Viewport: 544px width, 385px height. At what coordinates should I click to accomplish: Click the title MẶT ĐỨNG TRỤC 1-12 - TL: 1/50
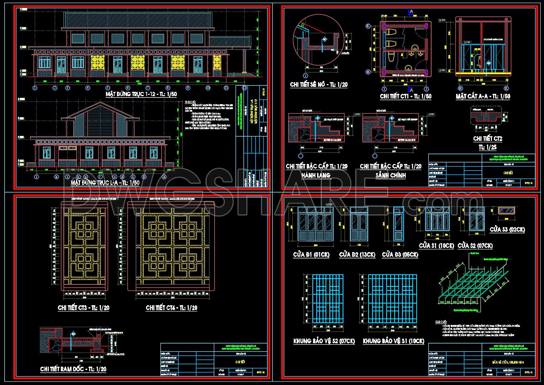coord(141,94)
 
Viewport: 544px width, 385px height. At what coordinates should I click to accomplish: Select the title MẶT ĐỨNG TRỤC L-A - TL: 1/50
coord(105,183)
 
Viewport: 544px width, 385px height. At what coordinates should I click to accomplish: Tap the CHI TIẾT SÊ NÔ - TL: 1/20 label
coord(318,84)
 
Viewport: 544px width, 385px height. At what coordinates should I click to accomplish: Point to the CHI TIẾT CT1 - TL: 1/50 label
coord(405,96)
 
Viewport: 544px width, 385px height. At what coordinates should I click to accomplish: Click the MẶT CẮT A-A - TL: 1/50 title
coord(483,96)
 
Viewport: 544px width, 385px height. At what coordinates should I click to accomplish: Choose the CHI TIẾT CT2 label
coord(488,139)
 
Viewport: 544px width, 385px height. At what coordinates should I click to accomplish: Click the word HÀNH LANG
coord(316,175)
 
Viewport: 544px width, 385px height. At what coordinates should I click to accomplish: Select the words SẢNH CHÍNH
coord(390,175)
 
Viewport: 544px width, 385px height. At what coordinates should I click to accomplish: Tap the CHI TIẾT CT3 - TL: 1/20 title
coord(84,308)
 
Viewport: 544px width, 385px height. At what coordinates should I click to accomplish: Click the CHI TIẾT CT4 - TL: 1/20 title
coord(171,308)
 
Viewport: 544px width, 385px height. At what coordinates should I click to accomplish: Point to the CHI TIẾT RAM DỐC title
coord(73,369)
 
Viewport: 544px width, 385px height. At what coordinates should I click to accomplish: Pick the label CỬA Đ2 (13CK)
coord(357,255)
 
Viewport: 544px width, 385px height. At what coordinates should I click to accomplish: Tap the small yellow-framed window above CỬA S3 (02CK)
coord(507,210)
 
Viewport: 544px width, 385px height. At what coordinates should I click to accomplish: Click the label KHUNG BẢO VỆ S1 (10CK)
coord(393,341)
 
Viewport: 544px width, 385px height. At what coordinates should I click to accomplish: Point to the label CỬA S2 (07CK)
coord(475,246)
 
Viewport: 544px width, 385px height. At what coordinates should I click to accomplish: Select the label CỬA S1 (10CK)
coord(436,246)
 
